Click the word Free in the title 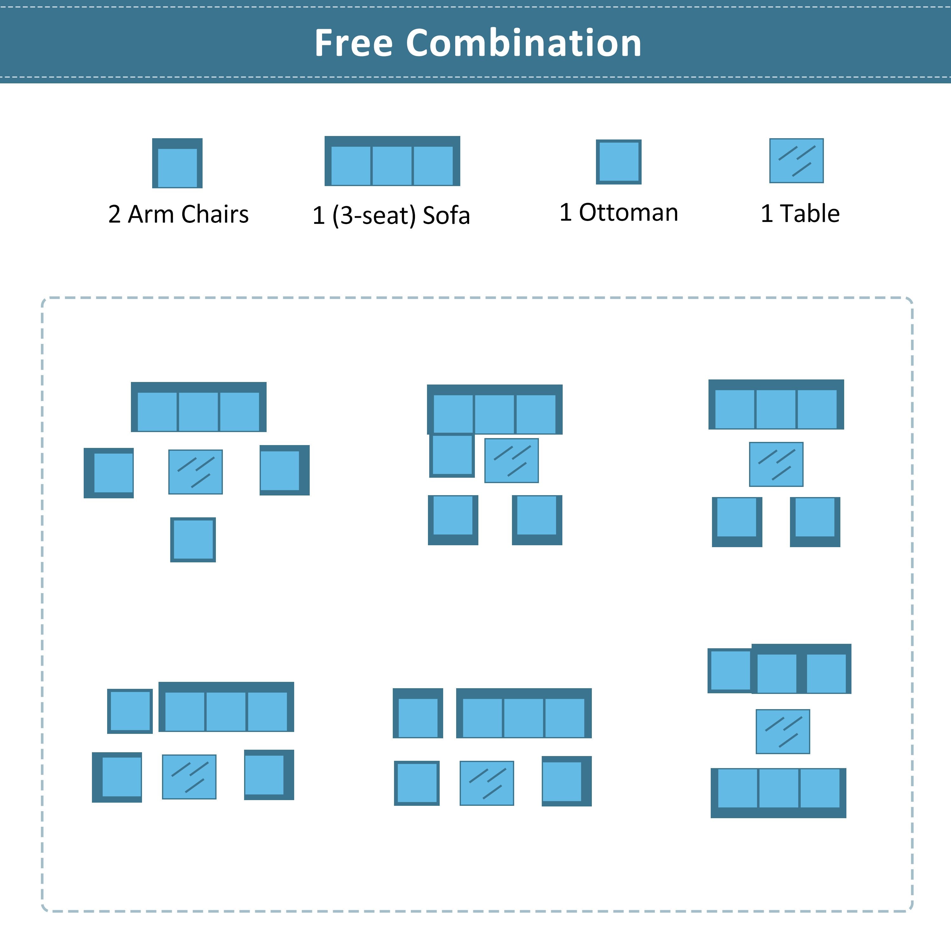pos(353,43)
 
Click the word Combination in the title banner pos(524,43)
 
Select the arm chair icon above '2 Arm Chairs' pos(177,163)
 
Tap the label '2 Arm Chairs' pos(178,214)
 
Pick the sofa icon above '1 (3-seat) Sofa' pos(392,161)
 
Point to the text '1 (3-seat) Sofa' pos(391,216)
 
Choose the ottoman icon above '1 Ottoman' pos(619,162)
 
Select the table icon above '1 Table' pos(796,160)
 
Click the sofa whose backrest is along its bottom pos(778,793)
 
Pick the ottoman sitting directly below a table pos(193,540)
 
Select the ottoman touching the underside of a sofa pos(452,455)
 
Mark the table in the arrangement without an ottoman pos(776,464)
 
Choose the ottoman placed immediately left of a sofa pos(130,711)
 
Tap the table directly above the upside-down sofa pos(783,731)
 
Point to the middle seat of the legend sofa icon pos(392,165)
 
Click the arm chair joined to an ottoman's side pos(777,669)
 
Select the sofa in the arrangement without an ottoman pos(776,404)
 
